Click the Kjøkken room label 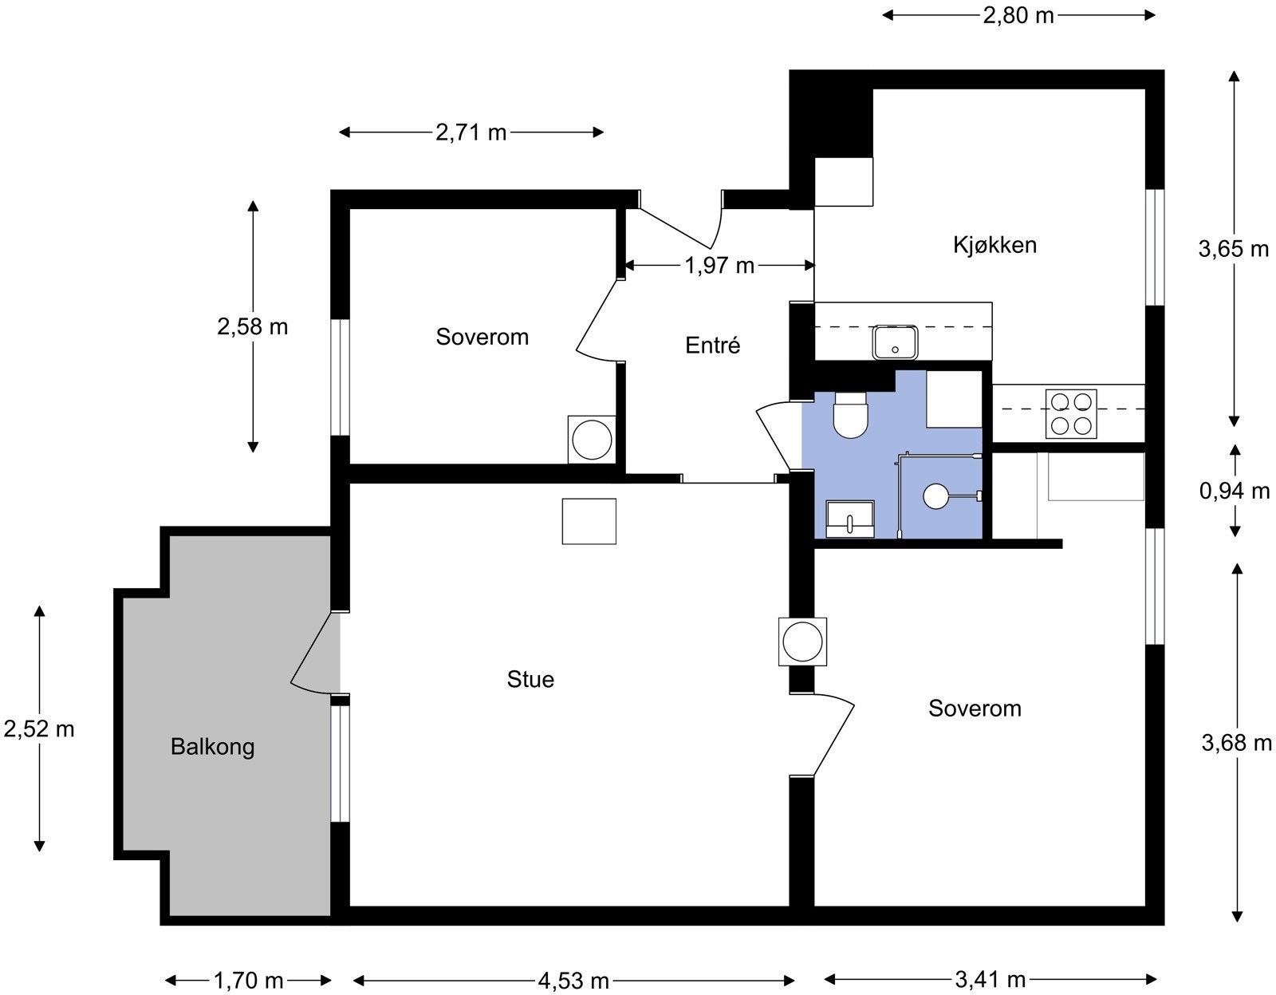pos(994,245)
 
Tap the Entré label pos(712,345)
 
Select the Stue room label pos(530,679)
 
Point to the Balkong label pos(213,747)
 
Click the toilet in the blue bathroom pos(850,415)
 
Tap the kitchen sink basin pos(895,342)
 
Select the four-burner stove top pos(1071,413)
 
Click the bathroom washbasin pos(849,519)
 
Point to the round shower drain pos(935,496)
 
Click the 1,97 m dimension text pos(719,266)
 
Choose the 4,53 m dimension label pos(573,981)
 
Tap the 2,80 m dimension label pos(1018,15)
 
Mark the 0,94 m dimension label pos(1235,491)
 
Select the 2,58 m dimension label pos(253,326)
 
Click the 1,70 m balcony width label pos(248,981)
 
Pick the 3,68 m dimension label pos(1237,743)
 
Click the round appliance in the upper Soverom pos(592,440)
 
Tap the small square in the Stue pos(589,522)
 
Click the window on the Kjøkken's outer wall pos(1155,247)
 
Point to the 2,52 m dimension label pos(39,729)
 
